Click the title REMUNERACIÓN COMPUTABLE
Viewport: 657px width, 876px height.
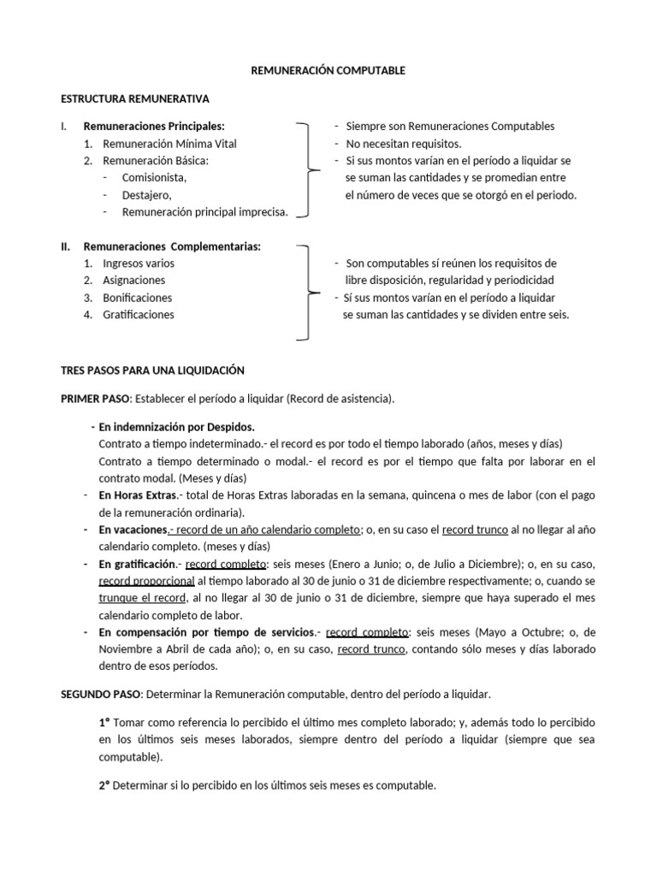[x=328, y=71]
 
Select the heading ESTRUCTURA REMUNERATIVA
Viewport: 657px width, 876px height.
[x=135, y=99]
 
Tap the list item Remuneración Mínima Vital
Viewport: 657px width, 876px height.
[x=169, y=144]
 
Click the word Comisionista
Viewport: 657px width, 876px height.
[x=154, y=178]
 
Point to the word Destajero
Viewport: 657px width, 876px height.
[x=147, y=195]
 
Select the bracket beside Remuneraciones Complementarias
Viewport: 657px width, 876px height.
[x=306, y=291]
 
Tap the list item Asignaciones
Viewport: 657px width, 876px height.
[x=134, y=281]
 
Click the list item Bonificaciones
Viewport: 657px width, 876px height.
[x=138, y=298]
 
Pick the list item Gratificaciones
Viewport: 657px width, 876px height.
[x=139, y=315]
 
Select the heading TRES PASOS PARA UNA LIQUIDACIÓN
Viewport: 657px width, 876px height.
[x=152, y=370]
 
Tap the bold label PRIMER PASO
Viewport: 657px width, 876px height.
[x=95, y=400]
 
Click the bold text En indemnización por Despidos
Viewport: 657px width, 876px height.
[x=177, y=426]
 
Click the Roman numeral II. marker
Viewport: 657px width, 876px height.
[x=66, y=246]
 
